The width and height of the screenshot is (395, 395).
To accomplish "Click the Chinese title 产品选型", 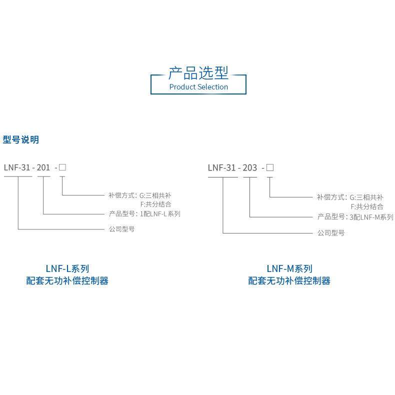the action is point(198,73).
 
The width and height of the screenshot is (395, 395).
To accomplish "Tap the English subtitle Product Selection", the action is point(198,87).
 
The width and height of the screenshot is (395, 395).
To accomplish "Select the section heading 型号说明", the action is point(21,140).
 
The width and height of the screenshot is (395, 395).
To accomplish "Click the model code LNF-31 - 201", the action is point(27,167).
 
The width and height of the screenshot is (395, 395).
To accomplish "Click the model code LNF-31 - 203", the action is point(232,167).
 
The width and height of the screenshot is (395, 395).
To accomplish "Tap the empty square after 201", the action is point(62,167).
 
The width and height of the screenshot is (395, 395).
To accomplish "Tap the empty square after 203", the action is point(269,167).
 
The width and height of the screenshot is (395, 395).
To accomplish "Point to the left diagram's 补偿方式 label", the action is point(121,195).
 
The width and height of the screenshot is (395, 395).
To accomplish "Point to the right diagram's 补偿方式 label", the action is point(330,197).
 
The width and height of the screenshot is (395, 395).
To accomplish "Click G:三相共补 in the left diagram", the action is point(155,195).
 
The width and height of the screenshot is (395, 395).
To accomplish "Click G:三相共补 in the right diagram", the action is point(366,197).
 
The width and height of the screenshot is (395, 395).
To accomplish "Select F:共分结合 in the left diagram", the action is point(156,204).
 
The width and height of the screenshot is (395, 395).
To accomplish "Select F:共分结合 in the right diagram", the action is point(367,206).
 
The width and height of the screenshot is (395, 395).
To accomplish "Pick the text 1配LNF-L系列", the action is point(159,214).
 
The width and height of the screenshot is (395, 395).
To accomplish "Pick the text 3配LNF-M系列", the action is point(371,217).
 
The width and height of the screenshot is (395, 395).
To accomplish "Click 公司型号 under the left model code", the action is point(121,229).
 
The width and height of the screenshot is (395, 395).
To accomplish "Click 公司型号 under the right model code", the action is point(331,233).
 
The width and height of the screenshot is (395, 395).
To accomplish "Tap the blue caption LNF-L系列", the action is point(67,268).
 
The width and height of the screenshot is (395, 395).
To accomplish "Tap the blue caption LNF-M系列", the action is point(289,268).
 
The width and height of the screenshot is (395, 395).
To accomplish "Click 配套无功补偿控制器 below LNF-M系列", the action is point(289,281).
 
